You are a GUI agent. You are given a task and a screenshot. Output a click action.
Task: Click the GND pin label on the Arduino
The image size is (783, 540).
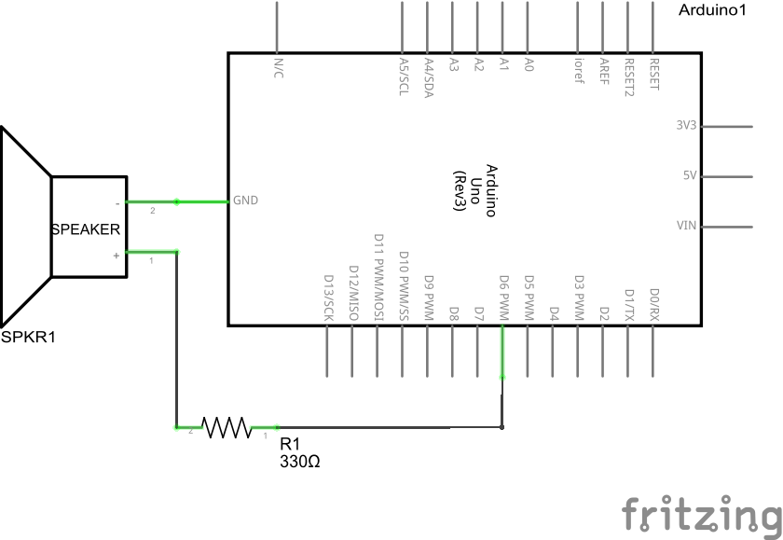click(245, 200)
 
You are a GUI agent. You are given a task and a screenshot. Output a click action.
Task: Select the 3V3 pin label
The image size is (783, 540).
click(686, 125)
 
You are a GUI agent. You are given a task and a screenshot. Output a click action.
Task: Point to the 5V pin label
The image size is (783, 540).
click(690, 175)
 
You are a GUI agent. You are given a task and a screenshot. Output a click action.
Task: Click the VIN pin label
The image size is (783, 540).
click(687, 225)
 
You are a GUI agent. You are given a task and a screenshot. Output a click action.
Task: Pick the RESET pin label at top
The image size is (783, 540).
click(653, 73)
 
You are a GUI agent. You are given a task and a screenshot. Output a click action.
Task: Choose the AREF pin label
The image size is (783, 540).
click(604, 71)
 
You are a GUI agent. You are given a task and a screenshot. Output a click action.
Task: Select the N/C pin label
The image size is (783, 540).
click(278, 67)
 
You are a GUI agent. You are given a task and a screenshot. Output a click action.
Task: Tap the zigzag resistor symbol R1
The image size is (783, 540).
click(227, 428)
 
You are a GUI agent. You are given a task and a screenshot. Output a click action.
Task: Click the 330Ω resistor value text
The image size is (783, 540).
click(299, 462)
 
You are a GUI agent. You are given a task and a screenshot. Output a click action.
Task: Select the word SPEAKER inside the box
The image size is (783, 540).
click(85, 228)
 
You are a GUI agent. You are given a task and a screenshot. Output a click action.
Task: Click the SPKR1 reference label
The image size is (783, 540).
click(28, 337)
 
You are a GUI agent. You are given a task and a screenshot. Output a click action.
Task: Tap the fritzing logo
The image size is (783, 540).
click(701, 514)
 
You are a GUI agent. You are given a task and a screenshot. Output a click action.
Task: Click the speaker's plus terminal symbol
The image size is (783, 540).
click(116, 254)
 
